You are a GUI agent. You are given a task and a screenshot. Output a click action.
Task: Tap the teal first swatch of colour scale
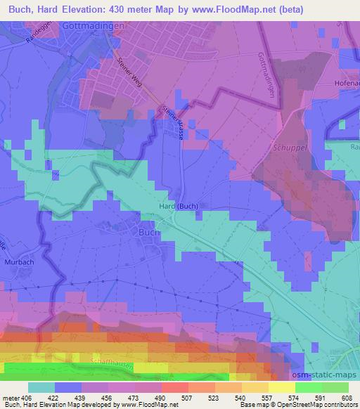(41, 387)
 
